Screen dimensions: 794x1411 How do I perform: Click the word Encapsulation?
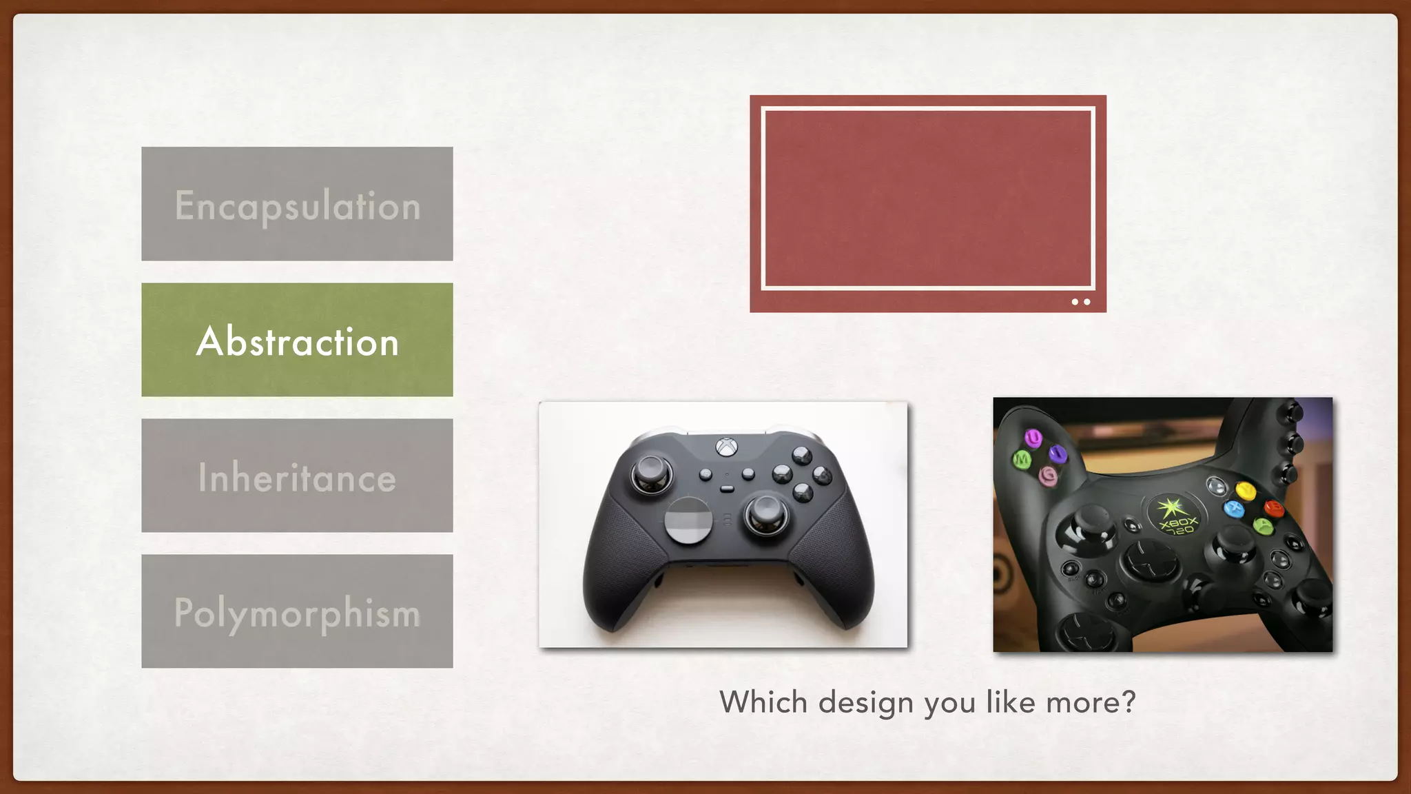(297, 205)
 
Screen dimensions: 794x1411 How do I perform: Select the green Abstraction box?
(297, 340)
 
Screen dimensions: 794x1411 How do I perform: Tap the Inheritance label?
(297, 477)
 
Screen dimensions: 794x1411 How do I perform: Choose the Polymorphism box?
(297, 612)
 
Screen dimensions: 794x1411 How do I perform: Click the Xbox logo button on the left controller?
(725, 447)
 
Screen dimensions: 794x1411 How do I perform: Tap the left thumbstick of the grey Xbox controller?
(651, 473)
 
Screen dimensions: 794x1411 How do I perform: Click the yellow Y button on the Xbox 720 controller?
(1245, 491)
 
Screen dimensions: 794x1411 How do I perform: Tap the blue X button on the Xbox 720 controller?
(1233, 509)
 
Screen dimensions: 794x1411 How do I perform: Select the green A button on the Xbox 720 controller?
(1262, 527)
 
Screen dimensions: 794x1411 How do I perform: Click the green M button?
(1022, 458)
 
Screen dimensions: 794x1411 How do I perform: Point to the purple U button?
(1032, 437)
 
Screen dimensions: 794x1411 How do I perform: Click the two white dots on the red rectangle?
(1080, 302)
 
